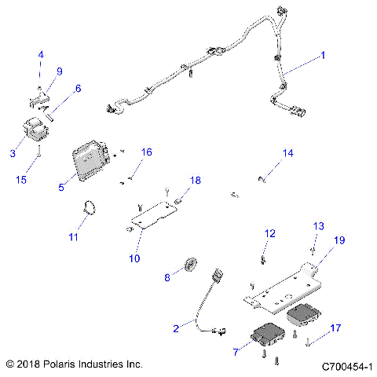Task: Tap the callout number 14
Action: (x=288, y=152)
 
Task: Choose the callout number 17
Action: (x=335, y=328)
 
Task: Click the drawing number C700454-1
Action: (x=346, y=365)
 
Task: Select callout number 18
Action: (x=195, y=181)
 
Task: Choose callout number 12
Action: (x=269, y=233)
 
